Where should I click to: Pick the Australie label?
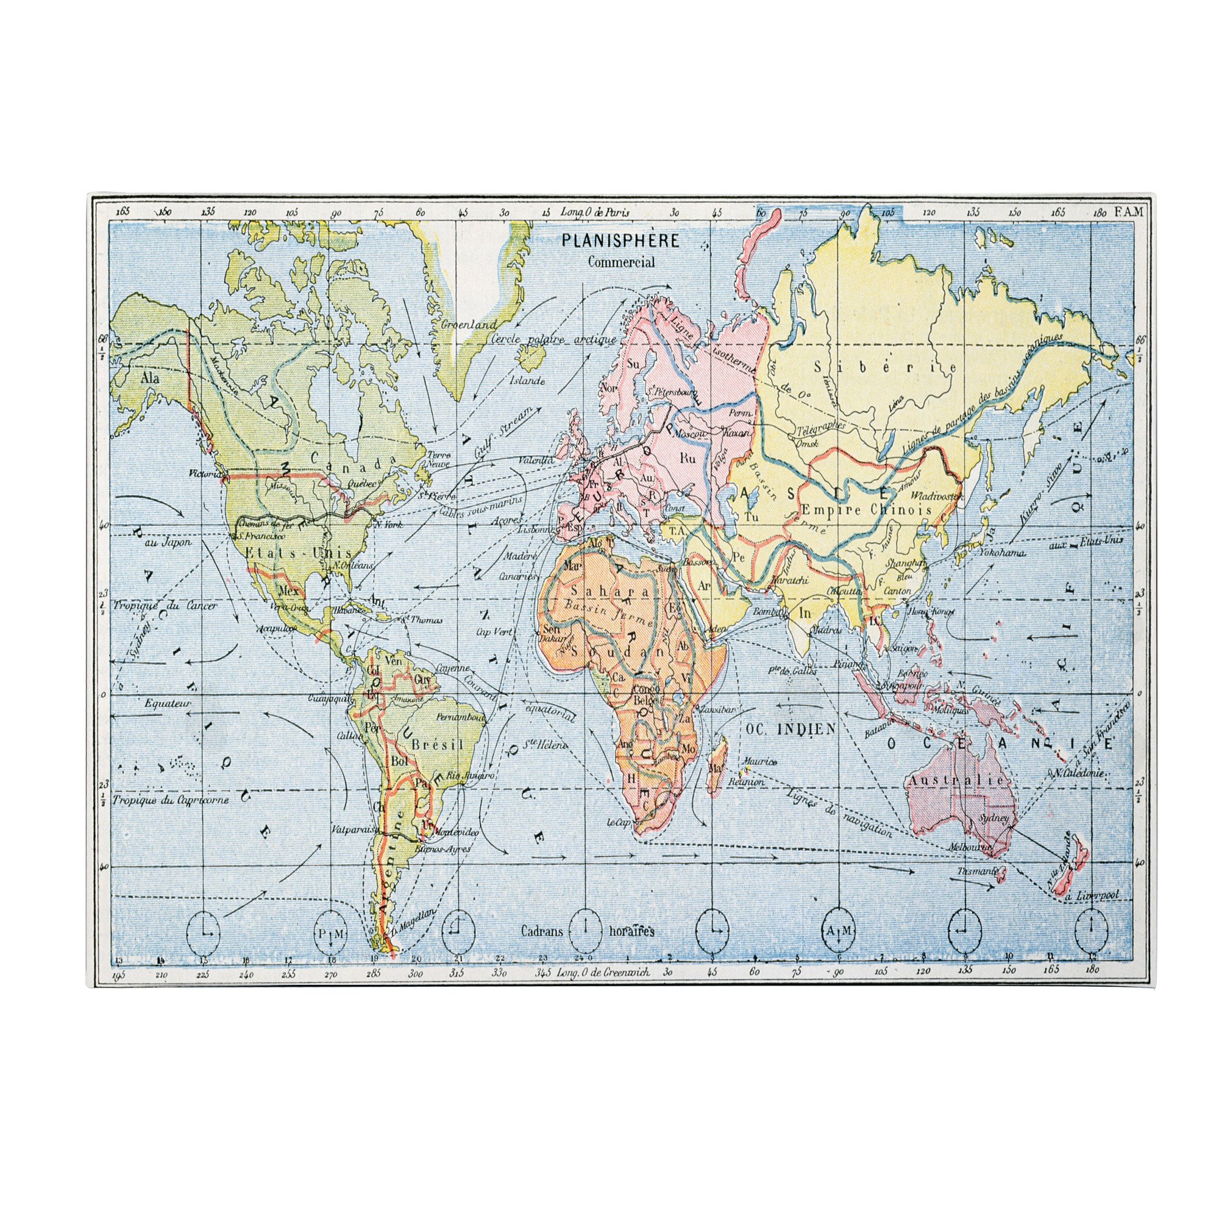pos(955,781)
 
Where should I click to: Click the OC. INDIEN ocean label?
pos(790,729)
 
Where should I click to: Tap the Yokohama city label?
pos(1002,553)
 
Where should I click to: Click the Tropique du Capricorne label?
pos(171,800)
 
